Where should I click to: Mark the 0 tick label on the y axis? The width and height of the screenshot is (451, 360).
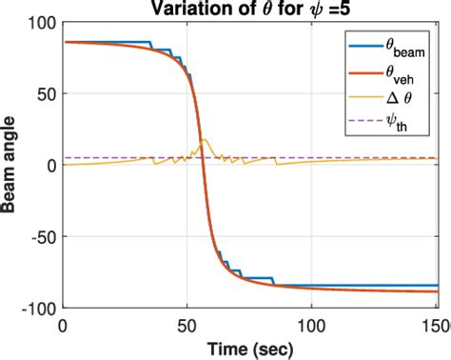(x=50, y=165)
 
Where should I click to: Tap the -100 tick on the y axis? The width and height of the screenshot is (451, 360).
(x=39, y=307)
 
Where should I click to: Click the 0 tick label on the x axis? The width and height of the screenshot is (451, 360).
(x=63, y=324)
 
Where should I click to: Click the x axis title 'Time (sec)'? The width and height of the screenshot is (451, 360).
(x=250, y=348)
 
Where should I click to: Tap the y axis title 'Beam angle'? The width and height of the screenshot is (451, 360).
(x=11, y=165)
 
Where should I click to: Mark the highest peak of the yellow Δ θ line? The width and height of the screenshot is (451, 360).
(x=205, y=140)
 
